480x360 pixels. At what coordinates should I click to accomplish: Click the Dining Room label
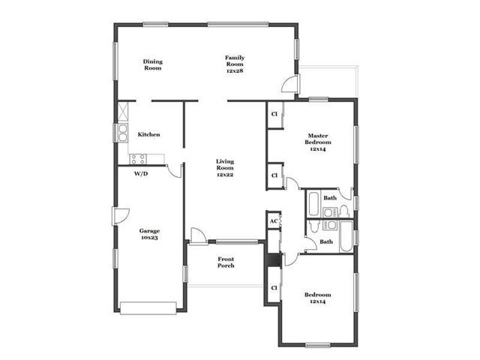[x=153, y=64]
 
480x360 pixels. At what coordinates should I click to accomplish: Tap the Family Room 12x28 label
[x=235, y=64]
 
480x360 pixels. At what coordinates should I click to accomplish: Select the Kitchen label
[x=148, y=134]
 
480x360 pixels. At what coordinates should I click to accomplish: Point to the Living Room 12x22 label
[x=225, y=168]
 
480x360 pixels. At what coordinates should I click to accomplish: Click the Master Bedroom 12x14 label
[x=318, y=142]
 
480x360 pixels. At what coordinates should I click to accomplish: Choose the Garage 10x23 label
[x=149, y=234]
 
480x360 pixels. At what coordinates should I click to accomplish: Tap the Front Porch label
[x=226, y=262]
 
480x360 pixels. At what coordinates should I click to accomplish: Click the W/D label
[x=141, y=174]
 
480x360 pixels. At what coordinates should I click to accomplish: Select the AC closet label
[x=274, y=221]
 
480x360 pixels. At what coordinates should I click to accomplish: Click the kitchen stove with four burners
[x=138, y=159]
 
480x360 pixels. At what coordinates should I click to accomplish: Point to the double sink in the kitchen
[x=123, y=133]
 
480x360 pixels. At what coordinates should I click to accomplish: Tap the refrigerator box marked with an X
[x=123, y=110]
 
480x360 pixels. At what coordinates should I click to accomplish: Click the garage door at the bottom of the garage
[x=148, y=308]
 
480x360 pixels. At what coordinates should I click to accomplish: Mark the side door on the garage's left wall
[x=121, y=216]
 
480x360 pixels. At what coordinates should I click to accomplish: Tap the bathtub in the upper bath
[x=313, y=203]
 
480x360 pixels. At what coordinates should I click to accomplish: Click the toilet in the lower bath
[x=314, y=226]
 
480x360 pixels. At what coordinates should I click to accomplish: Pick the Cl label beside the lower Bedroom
[x=274, y=288]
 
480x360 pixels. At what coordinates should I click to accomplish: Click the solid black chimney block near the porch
[x=273, y=260]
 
